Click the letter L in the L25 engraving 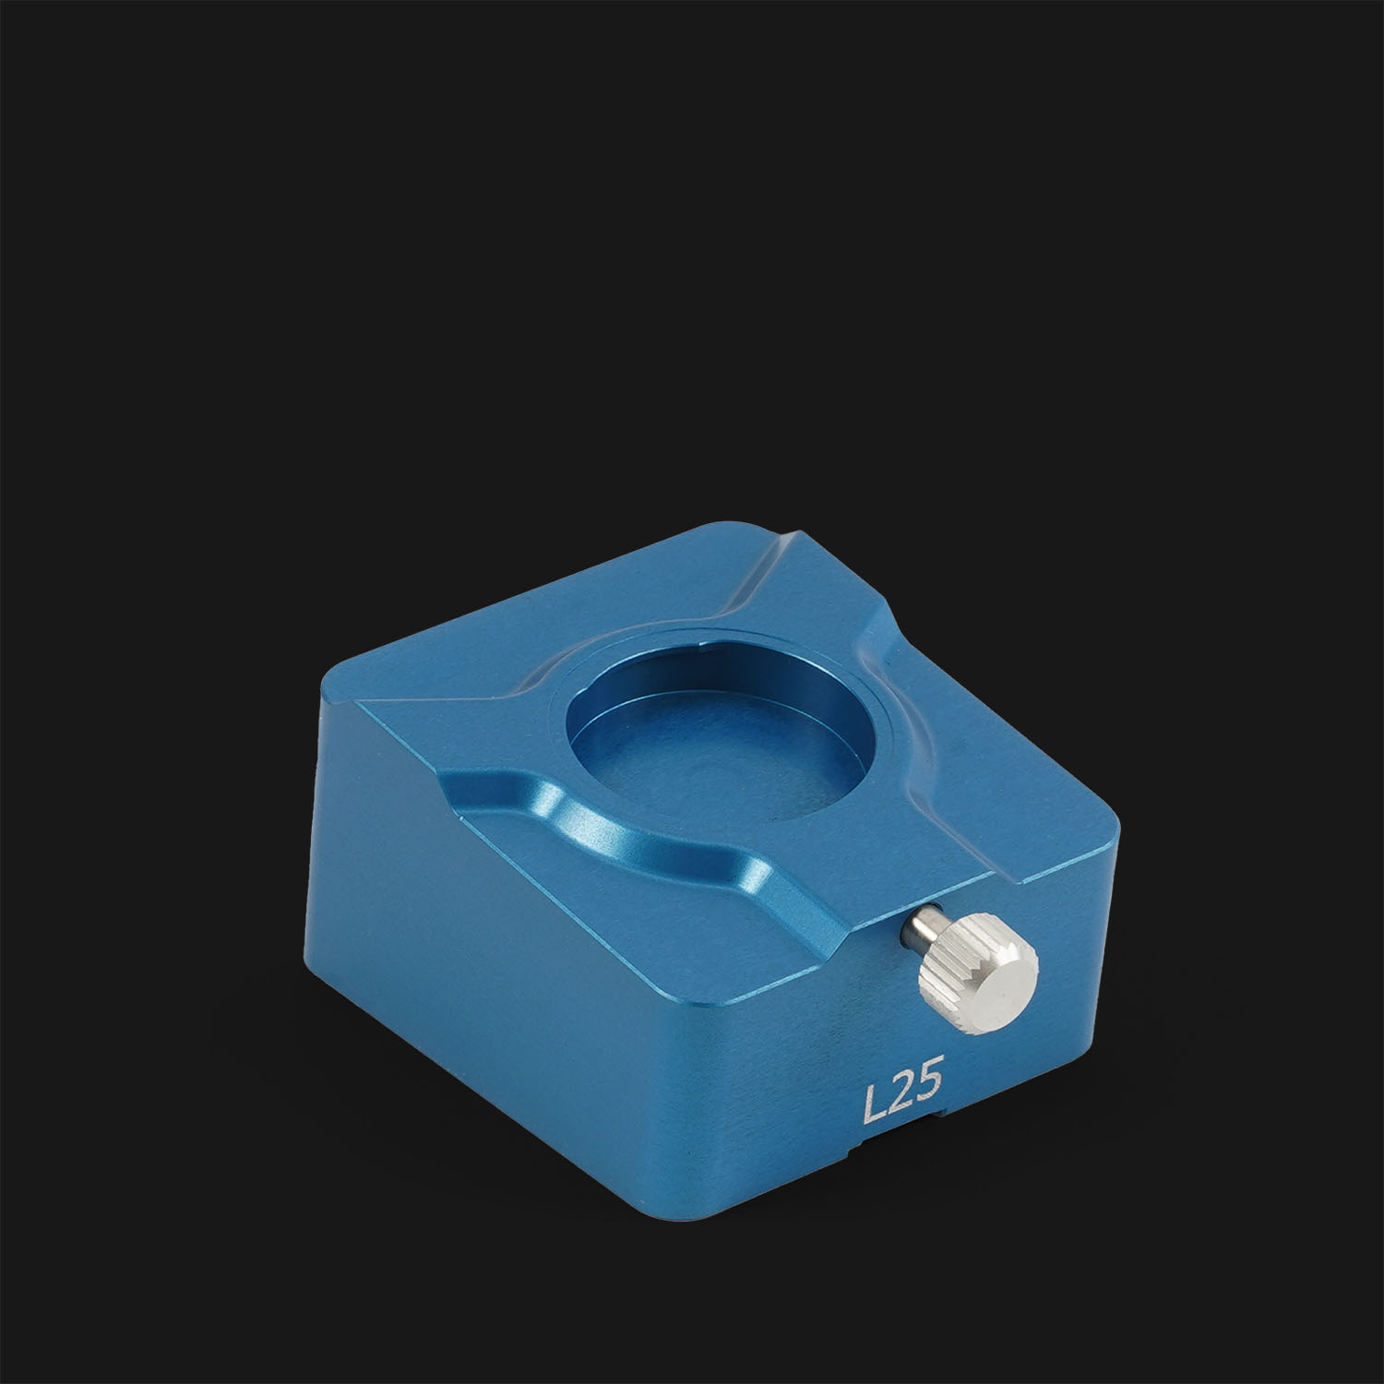coord(873,1104)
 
